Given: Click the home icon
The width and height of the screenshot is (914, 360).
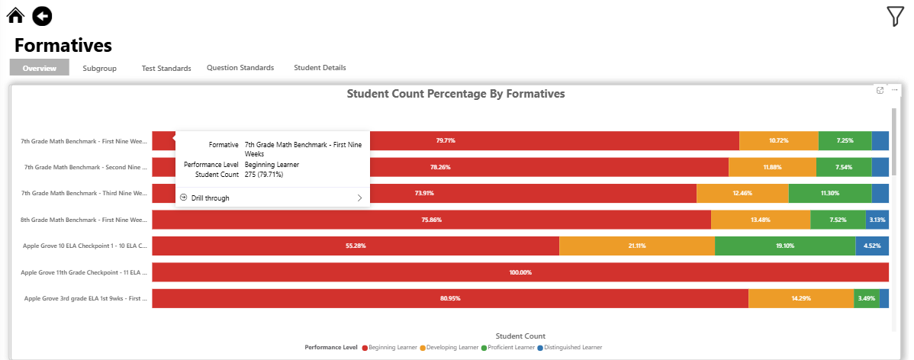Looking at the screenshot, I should click(16, 14).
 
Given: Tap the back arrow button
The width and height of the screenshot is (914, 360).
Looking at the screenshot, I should click(43, 14).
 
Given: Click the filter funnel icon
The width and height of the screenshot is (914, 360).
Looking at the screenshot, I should click(895, 16).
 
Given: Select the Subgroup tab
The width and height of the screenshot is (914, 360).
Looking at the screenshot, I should click(99, 68).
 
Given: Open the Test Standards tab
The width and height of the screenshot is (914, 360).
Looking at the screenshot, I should click(166, 68).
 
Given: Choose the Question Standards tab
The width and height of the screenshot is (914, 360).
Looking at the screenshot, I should click(240, 68).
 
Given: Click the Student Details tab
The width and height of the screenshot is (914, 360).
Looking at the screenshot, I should click(320, 68).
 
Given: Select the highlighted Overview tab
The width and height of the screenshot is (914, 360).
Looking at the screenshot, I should click(40, 68).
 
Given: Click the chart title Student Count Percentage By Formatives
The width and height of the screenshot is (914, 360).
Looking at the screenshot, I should click(455, 94).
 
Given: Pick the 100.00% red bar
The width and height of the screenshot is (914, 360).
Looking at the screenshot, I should click(520, 272).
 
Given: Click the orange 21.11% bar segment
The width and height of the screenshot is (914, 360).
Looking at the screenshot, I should click(637, 246).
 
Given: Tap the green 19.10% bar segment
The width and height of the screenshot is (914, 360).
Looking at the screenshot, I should click(785, 246).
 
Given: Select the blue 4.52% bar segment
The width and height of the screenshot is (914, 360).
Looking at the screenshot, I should click(872, 246).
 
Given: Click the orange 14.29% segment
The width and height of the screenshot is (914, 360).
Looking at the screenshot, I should click(800, 298).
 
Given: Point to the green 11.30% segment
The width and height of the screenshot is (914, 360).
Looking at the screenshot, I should click(829, 193).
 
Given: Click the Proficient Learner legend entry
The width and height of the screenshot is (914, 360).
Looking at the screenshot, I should click(508, 348).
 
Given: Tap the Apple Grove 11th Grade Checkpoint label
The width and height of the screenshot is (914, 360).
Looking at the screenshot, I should click(83, 272).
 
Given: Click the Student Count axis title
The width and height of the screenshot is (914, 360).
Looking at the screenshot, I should click(520, 336).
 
